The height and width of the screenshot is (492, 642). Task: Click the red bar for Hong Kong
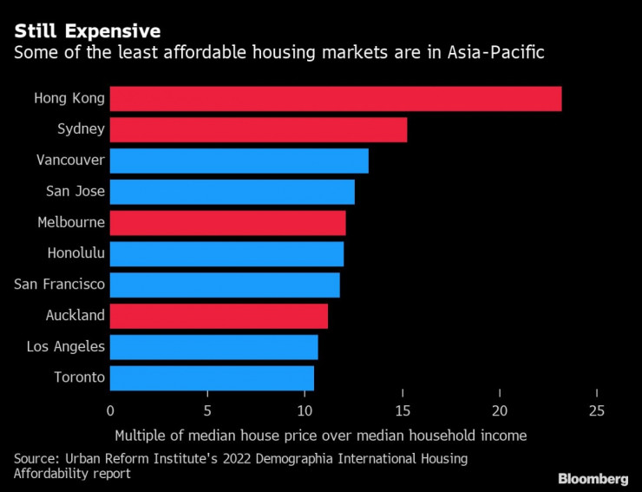click(336, 99)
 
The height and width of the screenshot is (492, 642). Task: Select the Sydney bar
click(259, 130)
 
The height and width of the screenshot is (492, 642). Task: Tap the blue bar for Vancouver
click(239, 161)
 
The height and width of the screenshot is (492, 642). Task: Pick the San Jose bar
click(233, 192)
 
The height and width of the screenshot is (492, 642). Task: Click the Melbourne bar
click(228, 223)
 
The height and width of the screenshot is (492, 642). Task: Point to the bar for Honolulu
click(227, 253)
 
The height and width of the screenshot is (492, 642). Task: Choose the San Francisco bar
click(225, 285)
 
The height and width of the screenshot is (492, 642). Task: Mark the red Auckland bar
click(219, 316)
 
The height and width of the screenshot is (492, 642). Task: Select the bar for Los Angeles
click(214, 347)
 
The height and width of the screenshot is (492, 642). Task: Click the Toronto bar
click(212, 377)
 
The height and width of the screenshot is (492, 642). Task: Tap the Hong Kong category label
click(69, 98)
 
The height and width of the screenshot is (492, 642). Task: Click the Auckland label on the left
click(75, 316)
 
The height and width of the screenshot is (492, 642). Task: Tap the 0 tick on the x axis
click(111, 410)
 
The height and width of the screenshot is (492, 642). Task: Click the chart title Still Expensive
click(87, 31)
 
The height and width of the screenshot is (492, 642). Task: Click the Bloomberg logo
click(593, 478)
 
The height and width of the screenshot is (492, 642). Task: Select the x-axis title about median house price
click(321, 435)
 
